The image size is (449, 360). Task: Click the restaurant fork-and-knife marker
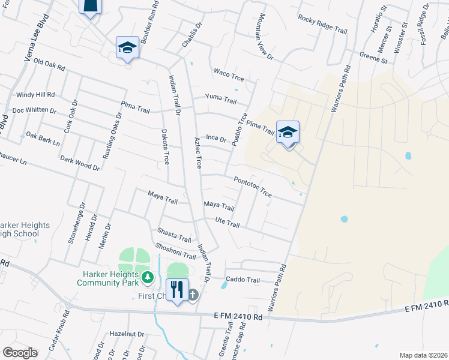pyautogui.click(x=176, y=290)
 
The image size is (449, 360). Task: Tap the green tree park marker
pyautogui.click(x=148, y=277)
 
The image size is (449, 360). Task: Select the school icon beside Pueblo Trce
pyautogui.click(x=288, y=133)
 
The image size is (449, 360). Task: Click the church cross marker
pyautogui.click(x=193, y=294)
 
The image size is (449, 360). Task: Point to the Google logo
pyautogui.click(x=20, y=353)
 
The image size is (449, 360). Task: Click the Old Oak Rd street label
pyautogui.click(x=49, y=62)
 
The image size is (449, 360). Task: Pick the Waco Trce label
pyautogui.click(x=229, y=73)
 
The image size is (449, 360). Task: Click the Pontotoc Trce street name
pyautogui.click(x=253, y=187)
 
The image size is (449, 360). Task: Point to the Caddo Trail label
pyautogui.click(x=243, y=280)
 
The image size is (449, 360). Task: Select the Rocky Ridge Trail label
pyautogui.click(x=323, y=22)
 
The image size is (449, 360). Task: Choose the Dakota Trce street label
pyautogui.click(x=164, y=146)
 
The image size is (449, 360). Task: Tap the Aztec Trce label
pyautogui.click(x=197, y=153)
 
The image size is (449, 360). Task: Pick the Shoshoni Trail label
pyautogui.click(x=176, y=251)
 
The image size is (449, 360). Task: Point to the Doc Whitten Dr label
pyautogui.click(x=34, y=110)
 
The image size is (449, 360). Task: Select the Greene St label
pyautogui.click(x=372, y=58)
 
